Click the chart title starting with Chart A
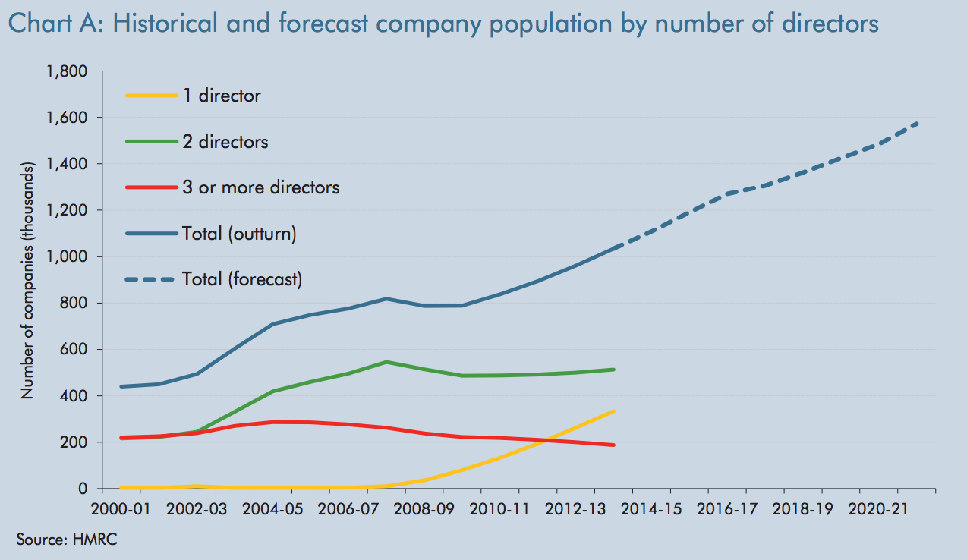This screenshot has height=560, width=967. coord(443,24)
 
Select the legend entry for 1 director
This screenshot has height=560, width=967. coord(221,96)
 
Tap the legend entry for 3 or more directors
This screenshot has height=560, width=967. coord(260,187)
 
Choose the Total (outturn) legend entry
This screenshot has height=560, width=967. coord(239,234)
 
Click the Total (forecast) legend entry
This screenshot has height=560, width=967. coord(242,279)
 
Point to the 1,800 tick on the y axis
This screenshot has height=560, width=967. coord(68,71)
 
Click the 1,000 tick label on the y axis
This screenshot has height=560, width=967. coord(68,256)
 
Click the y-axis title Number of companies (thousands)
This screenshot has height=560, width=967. coord(27,281)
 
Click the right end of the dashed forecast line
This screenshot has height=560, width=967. coord(919,122)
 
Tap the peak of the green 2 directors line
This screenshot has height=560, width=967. coord(387,362)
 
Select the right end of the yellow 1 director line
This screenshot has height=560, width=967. coord(613,411)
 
